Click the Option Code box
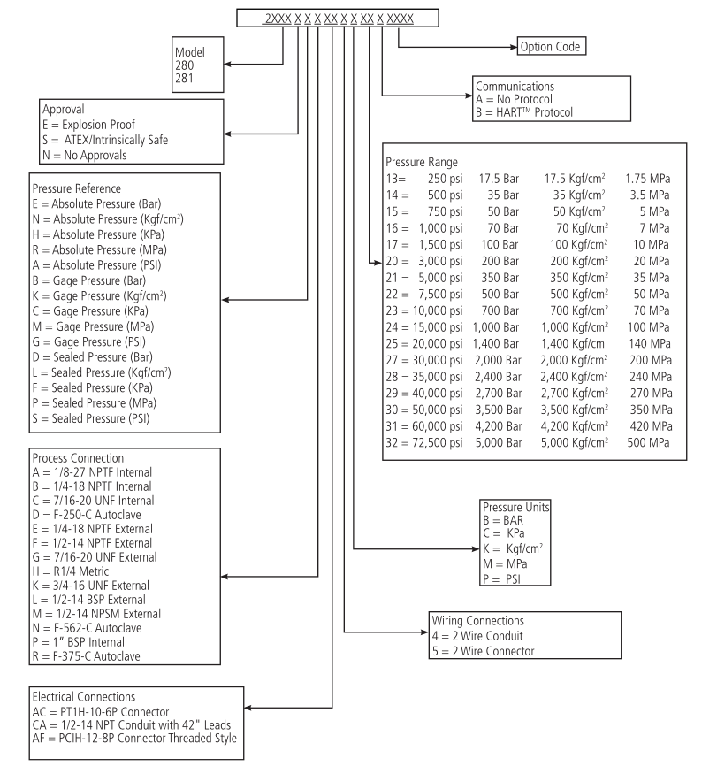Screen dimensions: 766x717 tap(551, 45)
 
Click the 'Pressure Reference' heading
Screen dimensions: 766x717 tap(77, 188)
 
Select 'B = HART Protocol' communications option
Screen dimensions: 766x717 tap(524, 112)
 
